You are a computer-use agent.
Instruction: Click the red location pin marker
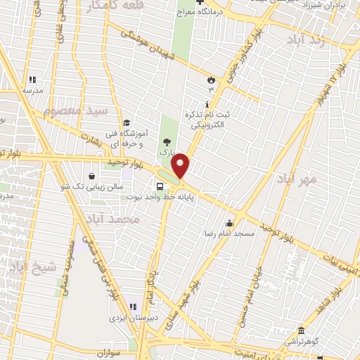pos(181,165)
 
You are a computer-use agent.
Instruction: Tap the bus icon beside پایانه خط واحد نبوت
pos(160,186)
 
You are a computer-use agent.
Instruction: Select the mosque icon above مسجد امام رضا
pos(229,223)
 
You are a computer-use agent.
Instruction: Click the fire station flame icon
pos(210,79)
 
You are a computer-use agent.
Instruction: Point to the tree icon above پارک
pos(166,141)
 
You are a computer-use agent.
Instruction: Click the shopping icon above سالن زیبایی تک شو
pos(93,176)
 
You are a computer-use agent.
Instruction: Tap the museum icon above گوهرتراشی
pos(301,331)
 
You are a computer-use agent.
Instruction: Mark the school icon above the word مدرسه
pos(31,80)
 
